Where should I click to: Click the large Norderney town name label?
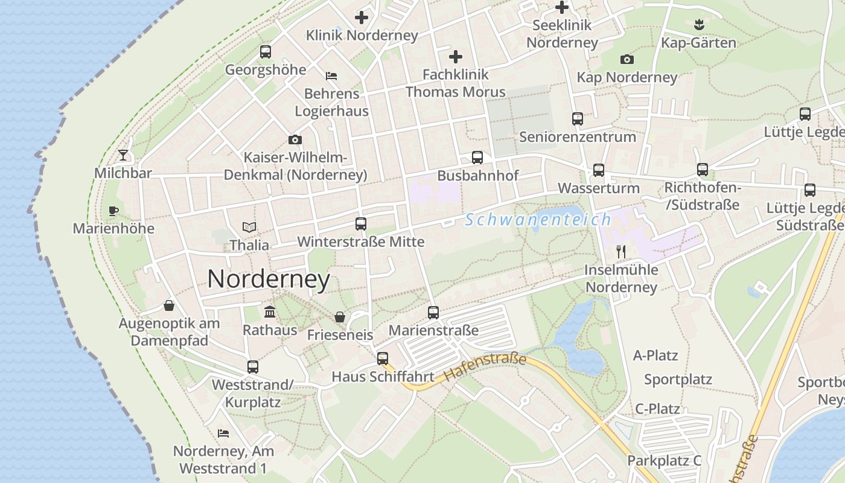pos(269,279)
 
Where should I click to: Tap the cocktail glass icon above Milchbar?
pos(123,155)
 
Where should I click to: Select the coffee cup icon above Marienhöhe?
pos(113,211)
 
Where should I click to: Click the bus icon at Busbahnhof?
pos(477,158)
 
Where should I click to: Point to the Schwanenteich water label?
pos(538,220)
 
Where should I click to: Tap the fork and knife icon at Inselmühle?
pos(621,251)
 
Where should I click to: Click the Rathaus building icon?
pos(270,312)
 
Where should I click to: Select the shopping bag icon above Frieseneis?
pos(340,317)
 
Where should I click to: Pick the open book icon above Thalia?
pos(249,227)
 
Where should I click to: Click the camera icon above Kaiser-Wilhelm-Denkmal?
pos(295,140)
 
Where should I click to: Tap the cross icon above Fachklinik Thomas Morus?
pos(456,57)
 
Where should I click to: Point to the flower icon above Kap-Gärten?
pos(699,25)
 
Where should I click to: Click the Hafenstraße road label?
pos(485,367)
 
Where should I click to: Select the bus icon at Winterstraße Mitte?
pos(361,224)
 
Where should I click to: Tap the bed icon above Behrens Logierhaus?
pos(331,76)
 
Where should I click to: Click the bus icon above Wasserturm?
pos(598,170)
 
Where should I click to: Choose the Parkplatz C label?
pos(664,461)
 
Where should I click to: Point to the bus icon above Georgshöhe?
pos(266,52)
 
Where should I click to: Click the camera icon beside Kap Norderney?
pos(627,59)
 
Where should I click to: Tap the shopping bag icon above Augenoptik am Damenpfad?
pos(169,305)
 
